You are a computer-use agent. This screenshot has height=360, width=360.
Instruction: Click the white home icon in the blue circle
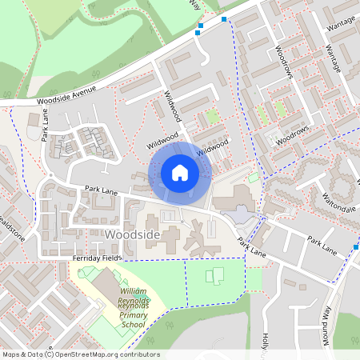tap(180, 172)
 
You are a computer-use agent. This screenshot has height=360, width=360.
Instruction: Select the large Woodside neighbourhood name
tap(133, 234)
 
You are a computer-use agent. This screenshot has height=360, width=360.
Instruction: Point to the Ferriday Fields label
tap(97, 259)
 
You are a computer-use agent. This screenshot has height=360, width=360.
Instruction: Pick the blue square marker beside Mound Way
tap(357, 247)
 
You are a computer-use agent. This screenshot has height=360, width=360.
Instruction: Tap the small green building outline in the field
tap(215, 277)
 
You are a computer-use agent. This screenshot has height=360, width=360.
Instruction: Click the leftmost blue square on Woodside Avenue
tap(198, 33)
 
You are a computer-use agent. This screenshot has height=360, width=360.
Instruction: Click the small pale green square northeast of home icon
tap(254, 177)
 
